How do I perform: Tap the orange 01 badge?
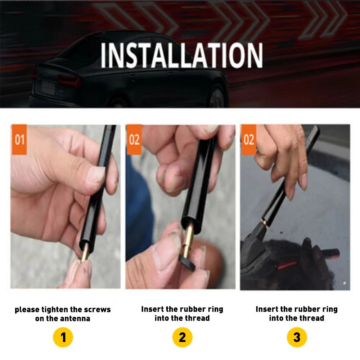click(19, 139)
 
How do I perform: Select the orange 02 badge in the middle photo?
click(134, 139)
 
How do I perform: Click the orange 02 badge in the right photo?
click(248, 139)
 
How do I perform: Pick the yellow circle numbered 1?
click(63, 337)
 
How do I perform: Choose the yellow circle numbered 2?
click(182, 337)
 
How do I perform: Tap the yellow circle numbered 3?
click(297, 337)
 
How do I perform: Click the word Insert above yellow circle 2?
click(152, 309)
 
